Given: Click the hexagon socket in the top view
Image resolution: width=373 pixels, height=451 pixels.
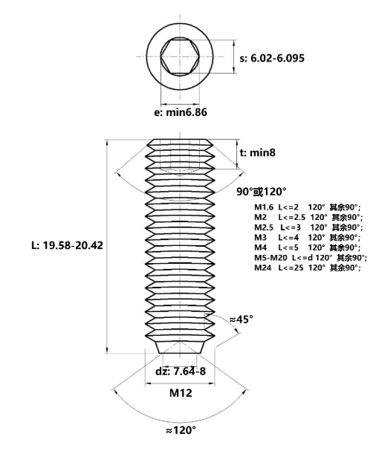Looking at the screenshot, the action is [x=180, y=56].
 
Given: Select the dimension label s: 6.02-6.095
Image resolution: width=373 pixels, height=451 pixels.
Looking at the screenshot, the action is [x=272, y=58].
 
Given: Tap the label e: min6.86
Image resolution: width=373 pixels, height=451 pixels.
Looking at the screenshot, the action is [x=181, y=112].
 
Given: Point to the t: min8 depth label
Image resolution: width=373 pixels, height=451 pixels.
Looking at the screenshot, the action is [x=257, y=152].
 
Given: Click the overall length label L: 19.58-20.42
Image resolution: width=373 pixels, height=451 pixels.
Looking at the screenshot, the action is [x=67, y=245].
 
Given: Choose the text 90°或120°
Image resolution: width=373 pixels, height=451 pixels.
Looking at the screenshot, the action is [x=262, y=191].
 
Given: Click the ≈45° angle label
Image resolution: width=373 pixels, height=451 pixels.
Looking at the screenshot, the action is [x=241, y=319].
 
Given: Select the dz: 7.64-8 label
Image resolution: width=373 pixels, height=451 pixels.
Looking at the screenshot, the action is [x=181, y=371].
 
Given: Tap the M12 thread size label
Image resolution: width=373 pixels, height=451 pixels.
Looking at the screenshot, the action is [x=181, y=392].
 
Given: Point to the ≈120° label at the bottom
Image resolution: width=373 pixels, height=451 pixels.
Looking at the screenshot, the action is [x=181, y=430].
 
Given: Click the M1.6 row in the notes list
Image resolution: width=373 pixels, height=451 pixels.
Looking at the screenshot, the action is [x=307, y=207].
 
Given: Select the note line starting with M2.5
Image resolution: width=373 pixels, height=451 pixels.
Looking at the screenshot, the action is [x=308, y=227].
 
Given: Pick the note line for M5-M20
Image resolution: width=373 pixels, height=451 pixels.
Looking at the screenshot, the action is [x=311, y=257].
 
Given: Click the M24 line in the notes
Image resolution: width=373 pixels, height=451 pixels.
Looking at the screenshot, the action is [x=307, y=267].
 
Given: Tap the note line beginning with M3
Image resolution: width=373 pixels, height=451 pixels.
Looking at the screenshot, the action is [x=307, y=237].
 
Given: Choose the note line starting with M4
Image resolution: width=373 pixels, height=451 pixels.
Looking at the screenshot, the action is [x=307, y=247].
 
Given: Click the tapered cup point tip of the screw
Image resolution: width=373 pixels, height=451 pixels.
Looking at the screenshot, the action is [x=180, y=347].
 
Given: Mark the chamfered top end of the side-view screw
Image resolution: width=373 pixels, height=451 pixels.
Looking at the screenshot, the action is [x=180, y=142].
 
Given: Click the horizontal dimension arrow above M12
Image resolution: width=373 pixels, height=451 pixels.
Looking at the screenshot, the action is [x=180, y=383].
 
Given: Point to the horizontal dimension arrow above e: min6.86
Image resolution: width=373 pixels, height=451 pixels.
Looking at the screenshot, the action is [x=180, y=104].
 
